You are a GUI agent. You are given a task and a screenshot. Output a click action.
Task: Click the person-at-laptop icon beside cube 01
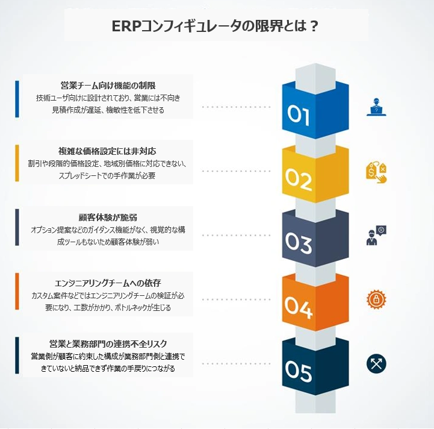pyautogui.click(x=376, y=106)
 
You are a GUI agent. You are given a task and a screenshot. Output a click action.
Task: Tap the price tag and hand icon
pyautogui.click(x=376, y=172)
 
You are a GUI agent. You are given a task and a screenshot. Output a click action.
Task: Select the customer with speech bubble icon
pyautogui.click(x=376, y=236)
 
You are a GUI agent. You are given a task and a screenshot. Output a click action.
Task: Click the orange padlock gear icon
pyautogui.click(x=376, y=299)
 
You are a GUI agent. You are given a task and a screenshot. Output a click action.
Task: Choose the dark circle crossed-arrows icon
pyautogui.click(x=376, y=363)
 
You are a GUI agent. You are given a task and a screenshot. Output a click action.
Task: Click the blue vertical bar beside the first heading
pyautogui.click(x=17, y=99)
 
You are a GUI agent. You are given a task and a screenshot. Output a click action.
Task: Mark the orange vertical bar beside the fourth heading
pyautogui.click(x=17, y=295)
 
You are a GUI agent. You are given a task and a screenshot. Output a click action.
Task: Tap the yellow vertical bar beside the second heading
pyautogui.click(x=17, y=163)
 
